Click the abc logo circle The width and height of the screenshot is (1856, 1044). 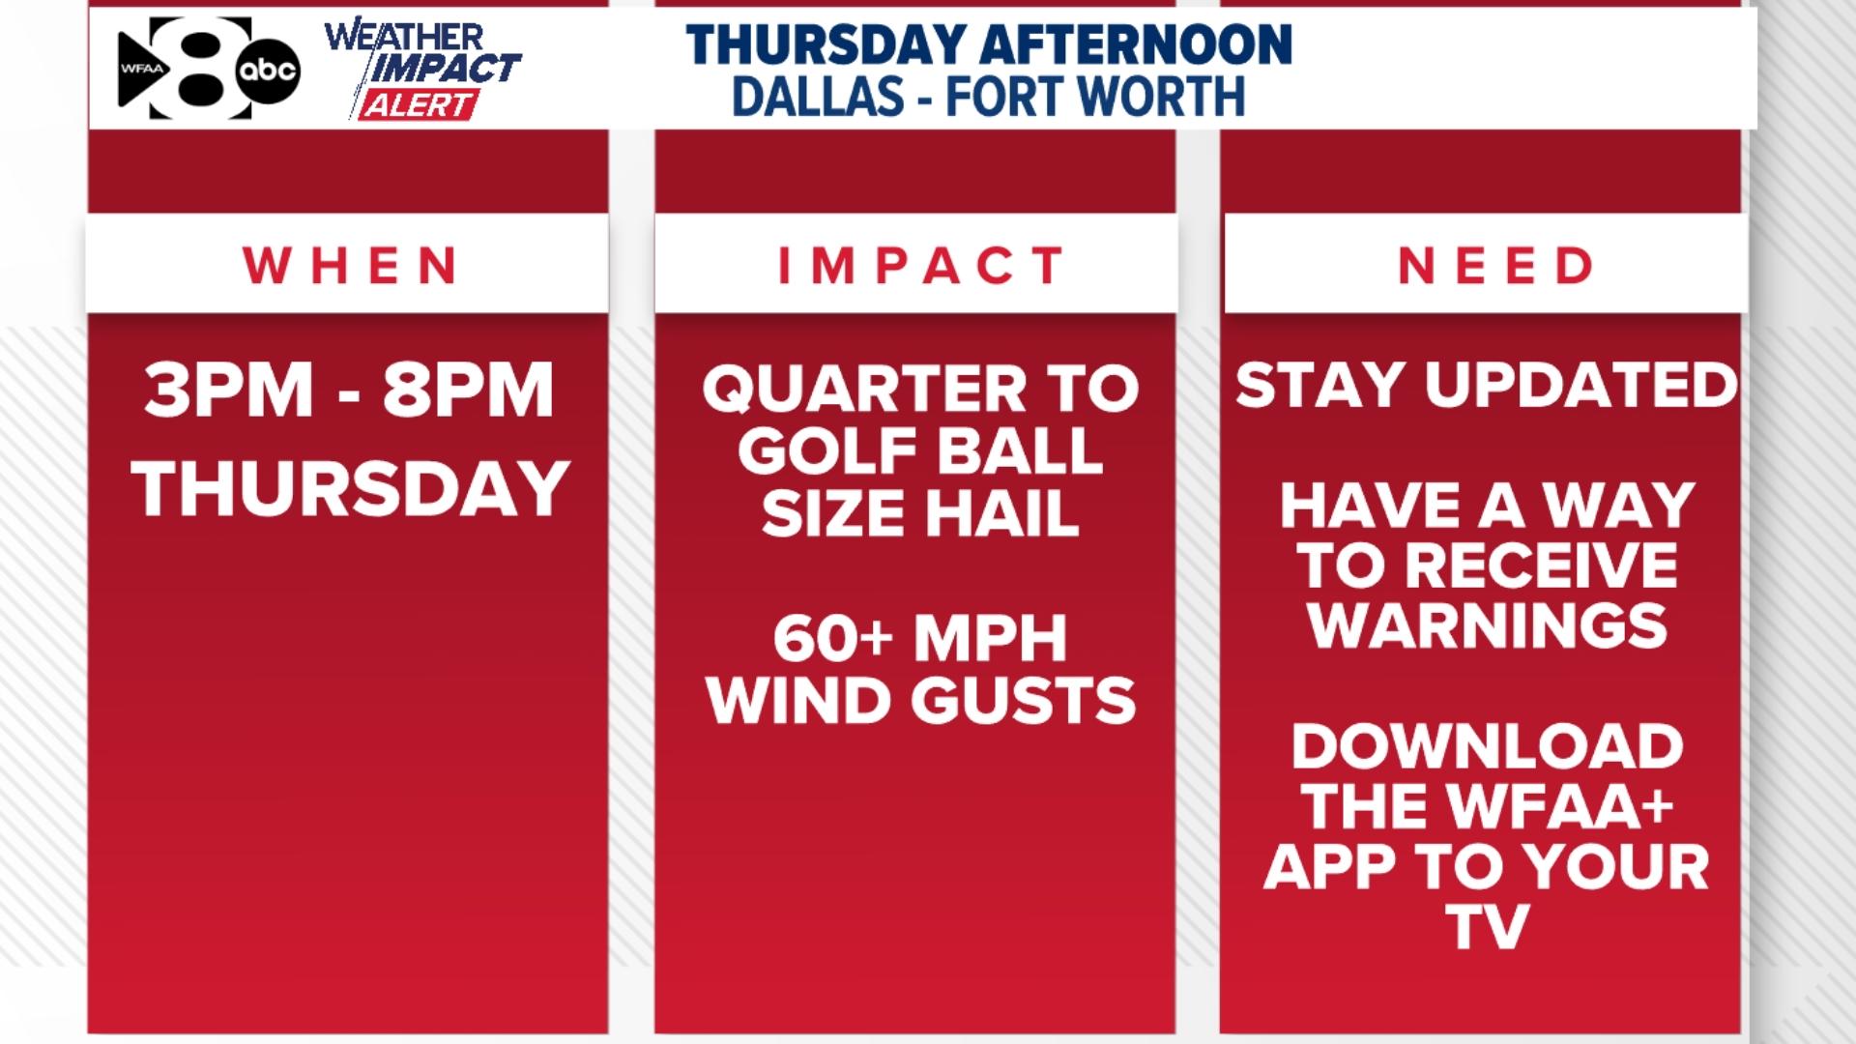269,71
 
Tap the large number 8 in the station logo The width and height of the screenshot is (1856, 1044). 208,68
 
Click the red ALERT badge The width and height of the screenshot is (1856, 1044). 419,104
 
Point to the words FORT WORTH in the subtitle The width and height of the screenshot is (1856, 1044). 1094,97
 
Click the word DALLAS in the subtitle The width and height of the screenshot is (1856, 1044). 819,97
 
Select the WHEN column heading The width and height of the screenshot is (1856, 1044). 351,265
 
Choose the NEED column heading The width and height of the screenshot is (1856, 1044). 1495,265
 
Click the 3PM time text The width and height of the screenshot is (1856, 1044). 229,390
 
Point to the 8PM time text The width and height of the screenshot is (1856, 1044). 468,390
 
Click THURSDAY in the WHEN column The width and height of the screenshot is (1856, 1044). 350,488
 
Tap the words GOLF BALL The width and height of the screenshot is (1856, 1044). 920,450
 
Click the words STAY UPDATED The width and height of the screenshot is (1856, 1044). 1487,385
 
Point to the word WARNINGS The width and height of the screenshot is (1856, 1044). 1488,625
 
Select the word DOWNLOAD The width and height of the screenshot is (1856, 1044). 1488,746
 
